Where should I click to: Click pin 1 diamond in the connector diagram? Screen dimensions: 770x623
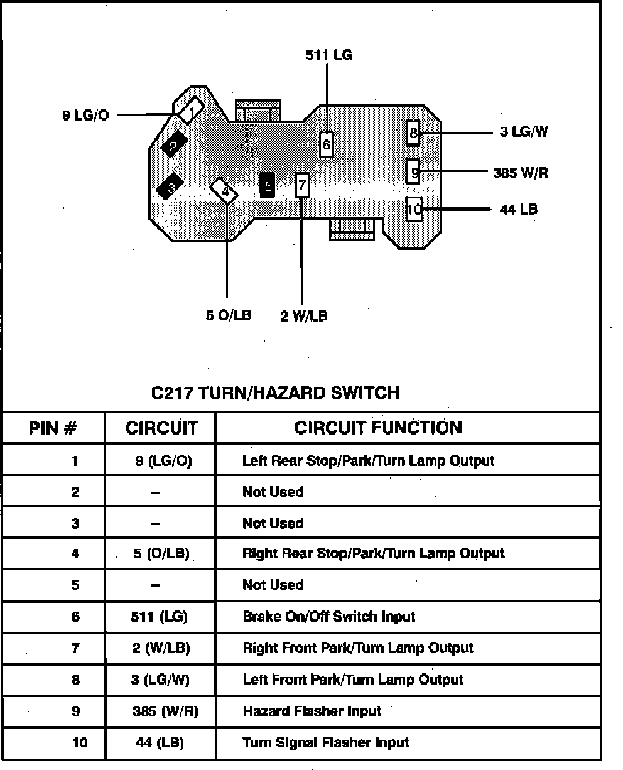(x=190, y=111)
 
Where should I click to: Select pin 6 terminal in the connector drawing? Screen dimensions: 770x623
(x=326, y=144)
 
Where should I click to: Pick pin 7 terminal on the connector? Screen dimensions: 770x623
(x=302, y=185)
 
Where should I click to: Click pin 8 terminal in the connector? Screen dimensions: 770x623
(x=413, y=133)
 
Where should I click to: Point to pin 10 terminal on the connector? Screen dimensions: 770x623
(x=413, y=209)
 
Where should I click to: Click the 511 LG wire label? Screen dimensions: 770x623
(x=328, y=55)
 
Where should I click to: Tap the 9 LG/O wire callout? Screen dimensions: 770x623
(x=85, y=116)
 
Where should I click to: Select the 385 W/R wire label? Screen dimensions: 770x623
(x=520, y=173)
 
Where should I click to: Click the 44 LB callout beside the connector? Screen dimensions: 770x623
(x=518, y=209)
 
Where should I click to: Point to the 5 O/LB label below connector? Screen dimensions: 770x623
(x=229, y=316)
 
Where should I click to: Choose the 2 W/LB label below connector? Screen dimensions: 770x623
(x=304, y=316)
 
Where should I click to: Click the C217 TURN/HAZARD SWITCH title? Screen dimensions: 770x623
(x=276, y=393)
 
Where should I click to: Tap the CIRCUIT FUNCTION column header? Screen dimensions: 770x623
(x=378, y=428)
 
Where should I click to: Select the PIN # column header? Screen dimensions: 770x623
(x=53, y=429)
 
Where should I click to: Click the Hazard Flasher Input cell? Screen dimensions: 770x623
(x=311, y=712)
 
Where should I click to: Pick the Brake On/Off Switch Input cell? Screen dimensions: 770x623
(x=328, y=617)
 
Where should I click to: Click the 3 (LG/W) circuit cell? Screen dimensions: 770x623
(x=160, y=680)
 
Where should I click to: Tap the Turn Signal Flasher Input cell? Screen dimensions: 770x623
(x=325, y=743)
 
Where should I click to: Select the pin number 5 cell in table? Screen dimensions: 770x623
(x=75, y=585)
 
